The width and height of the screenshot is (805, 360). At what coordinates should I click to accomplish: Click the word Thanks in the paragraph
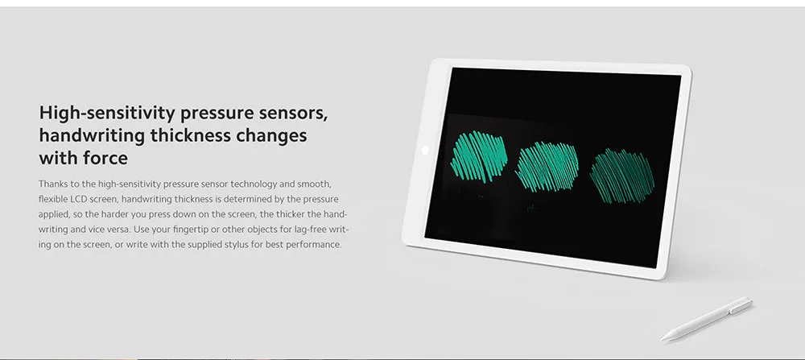coord(52,184)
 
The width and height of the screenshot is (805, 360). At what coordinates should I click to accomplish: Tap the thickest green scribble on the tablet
coord(479,156)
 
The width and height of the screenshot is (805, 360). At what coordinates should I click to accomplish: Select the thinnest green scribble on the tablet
coord(622,176)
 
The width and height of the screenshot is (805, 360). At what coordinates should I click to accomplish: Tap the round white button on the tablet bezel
coord(424,150)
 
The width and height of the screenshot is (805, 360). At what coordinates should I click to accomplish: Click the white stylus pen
coord(707,319)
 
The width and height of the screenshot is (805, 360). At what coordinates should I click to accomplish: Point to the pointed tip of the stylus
coord(663,340)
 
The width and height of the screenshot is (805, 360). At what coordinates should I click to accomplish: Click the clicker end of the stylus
coord(748,301)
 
